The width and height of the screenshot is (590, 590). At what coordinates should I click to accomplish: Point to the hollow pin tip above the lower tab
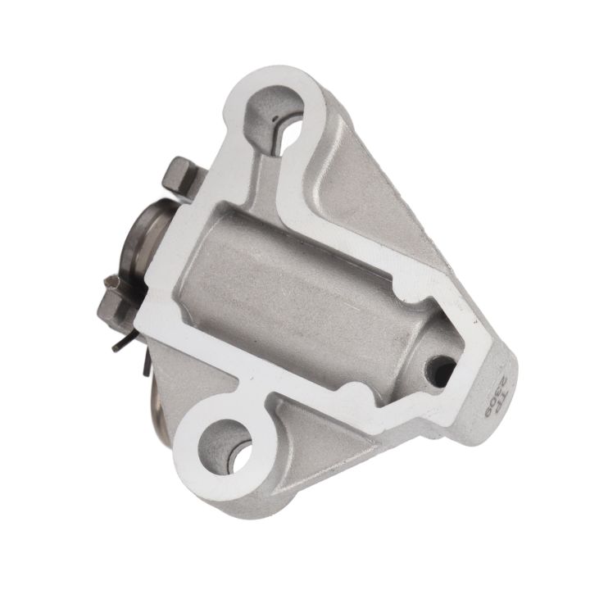(115, 284)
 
